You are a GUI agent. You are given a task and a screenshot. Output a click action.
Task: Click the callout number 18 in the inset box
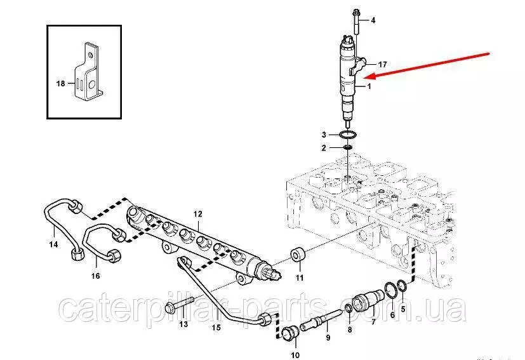(60, 83)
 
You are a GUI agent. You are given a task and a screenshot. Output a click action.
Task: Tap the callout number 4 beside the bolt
(373, 20)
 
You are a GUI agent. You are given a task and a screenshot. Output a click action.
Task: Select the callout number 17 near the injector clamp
(382, 64)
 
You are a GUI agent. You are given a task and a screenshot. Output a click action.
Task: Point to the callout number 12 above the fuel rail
(198, 214)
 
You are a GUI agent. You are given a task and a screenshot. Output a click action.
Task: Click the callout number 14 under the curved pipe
(53, 244)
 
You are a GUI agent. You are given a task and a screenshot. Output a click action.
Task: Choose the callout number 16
(96, 276)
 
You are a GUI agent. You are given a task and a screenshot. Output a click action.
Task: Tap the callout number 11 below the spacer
(300, 277)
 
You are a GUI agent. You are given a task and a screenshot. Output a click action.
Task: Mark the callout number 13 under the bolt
(184, 324)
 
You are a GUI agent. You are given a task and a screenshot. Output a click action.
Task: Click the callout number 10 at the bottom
(295, 355)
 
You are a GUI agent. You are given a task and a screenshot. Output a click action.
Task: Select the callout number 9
(328, 338)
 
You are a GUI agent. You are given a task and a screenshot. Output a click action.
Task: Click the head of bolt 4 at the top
(355, 13)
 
